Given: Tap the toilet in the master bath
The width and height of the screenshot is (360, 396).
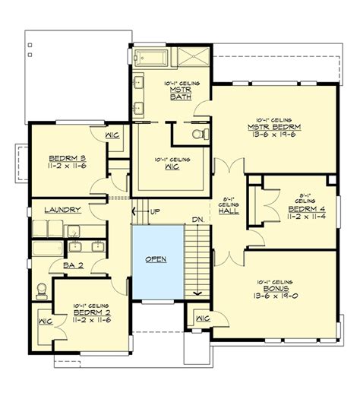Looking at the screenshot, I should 198,134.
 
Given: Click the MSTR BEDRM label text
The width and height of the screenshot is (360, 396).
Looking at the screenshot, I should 272,126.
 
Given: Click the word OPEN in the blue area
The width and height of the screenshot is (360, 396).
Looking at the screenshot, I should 156,258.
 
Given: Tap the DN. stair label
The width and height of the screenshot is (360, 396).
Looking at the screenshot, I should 197,220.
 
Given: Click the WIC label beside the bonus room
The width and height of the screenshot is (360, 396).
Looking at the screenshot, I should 201,318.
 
